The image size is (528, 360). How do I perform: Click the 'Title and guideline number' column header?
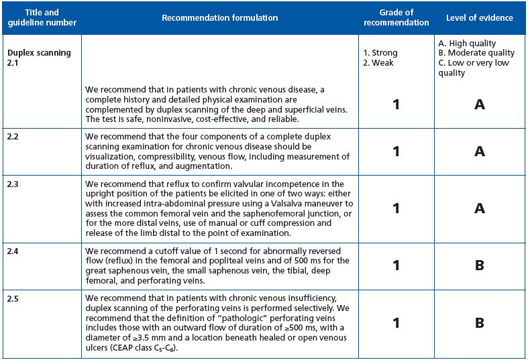(41, 17)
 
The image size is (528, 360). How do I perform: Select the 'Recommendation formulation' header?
(219, 17)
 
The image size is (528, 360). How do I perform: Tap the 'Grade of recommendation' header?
(396, 17)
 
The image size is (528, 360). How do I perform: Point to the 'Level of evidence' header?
(479, 17)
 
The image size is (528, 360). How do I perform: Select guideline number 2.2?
(13, 136)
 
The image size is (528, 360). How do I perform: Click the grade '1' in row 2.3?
(396, 208)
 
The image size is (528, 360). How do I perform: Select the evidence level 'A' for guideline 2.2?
(479, 152)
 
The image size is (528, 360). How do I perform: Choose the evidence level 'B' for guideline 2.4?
(479, 265)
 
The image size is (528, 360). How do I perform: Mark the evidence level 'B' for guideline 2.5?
(479, 323)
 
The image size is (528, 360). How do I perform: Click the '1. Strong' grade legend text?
(380, 53)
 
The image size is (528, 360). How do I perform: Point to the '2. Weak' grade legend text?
(378, 63)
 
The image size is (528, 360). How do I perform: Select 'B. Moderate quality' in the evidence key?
(476, 53)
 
